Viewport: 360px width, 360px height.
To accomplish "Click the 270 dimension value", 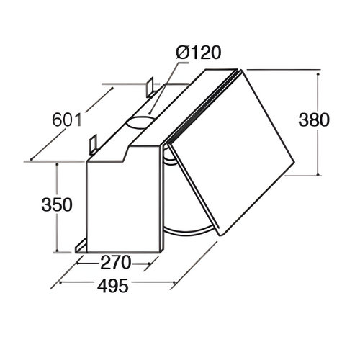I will [111, 263].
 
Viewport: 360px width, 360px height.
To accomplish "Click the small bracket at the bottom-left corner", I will [80, 247].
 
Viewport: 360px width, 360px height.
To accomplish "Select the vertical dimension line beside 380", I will [317, 122].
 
